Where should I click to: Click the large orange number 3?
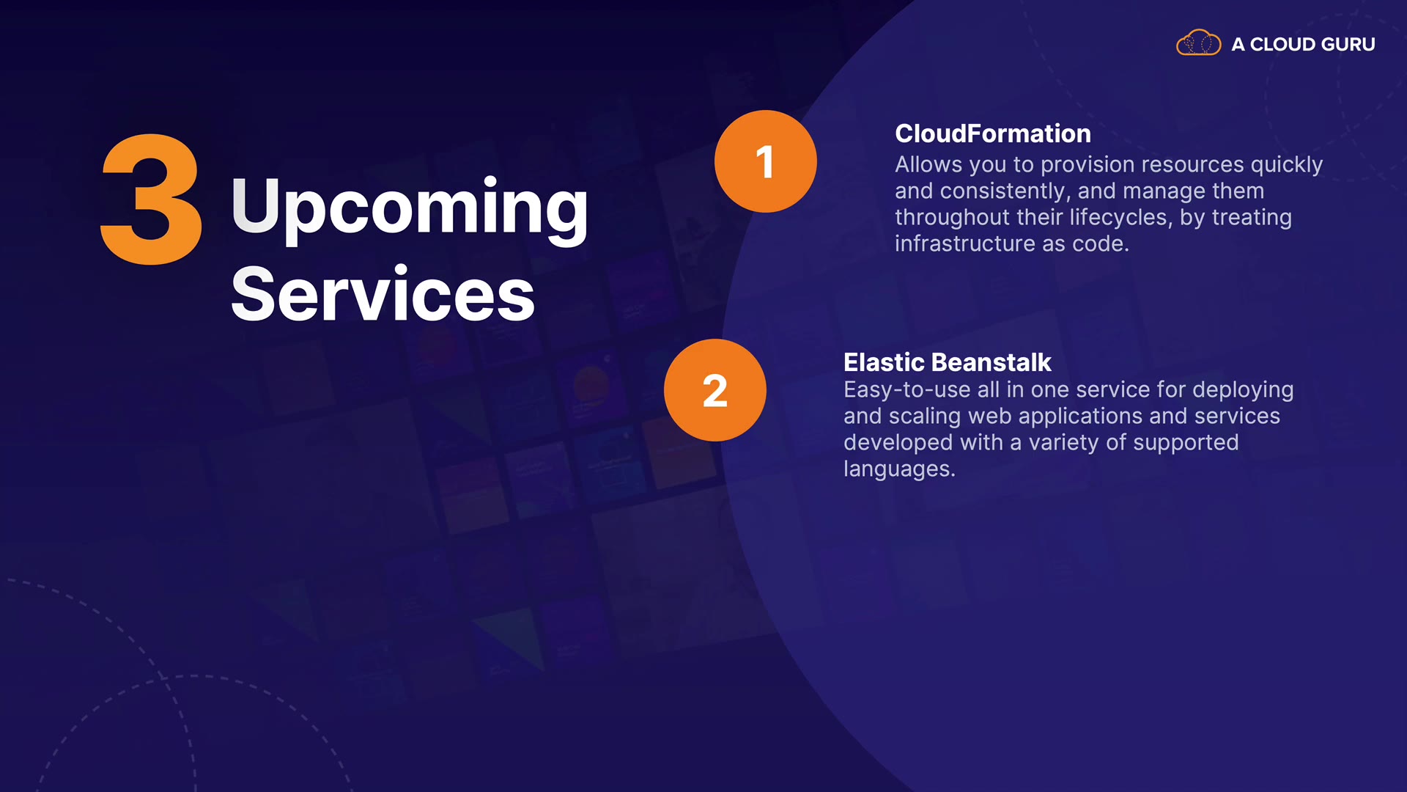pos(151,199)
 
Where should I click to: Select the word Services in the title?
pos(383,294)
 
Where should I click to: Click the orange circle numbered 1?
pos(765,161)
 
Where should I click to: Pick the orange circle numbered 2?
pos(715,390)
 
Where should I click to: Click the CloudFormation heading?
pos(993,133)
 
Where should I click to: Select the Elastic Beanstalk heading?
pos(947,362)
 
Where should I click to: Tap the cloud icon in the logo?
pos(1199,43)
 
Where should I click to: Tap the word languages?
pos(899,470)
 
